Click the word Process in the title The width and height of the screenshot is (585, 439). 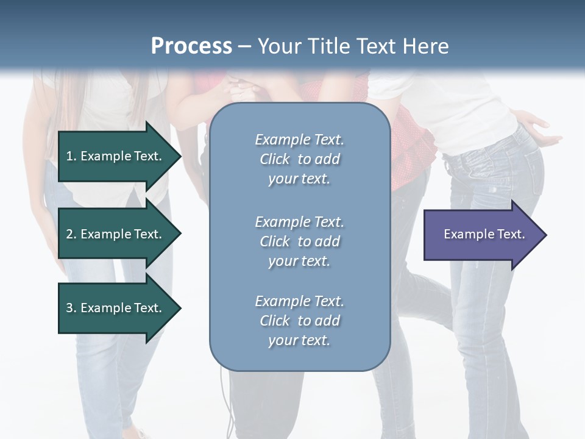point(191,46)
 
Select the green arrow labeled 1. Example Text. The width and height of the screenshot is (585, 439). point(116,156)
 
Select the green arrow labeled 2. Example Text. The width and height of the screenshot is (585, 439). point(116,234)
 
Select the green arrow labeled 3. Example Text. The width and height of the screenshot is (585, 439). point(116,308)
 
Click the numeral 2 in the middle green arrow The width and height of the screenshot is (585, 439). point(69,234)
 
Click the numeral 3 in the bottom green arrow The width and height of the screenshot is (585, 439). point(69,308)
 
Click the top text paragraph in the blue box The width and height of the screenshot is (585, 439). point(299,159)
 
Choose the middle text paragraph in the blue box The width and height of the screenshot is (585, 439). point(299,241)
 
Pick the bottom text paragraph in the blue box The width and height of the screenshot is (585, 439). point(299,321)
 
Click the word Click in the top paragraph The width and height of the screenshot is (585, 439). point(275,159)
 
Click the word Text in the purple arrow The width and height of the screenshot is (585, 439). point(511,234)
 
